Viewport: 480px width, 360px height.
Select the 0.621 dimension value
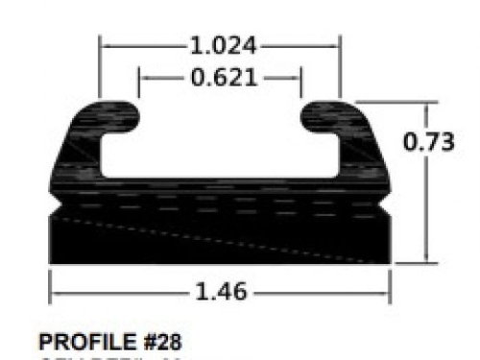pos(222,77)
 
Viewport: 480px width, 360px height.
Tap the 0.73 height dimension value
pos(429,140)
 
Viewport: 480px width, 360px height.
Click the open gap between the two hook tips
pos(221,120)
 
